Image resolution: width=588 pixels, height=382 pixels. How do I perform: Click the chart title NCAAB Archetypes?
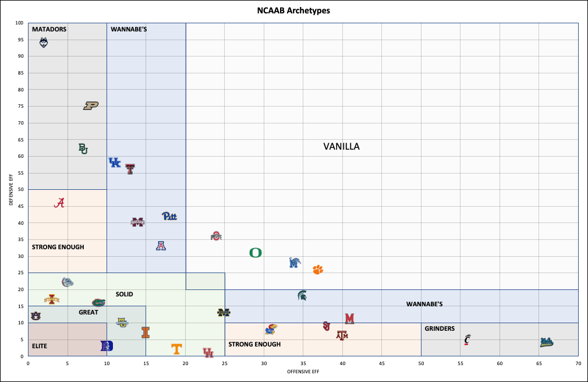(x=294, y=10)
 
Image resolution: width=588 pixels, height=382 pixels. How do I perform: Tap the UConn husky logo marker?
(x=44, y=43)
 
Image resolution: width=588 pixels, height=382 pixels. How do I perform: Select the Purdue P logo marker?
(x=91, y=105)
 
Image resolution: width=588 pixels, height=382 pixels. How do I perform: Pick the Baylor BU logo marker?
(x=83, y=148)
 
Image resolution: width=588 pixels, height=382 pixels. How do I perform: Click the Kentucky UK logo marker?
(x=115, y=162)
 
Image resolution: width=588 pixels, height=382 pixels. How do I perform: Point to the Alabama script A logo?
(x=59, y=203)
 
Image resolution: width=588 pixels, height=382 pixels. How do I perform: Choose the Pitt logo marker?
(x=169, y=216)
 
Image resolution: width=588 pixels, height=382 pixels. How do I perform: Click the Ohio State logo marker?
(x=217, y=236)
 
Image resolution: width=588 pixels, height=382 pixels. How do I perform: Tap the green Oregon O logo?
(x=255, y=253)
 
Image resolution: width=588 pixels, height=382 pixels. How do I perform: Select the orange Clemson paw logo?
(x=317, y=270)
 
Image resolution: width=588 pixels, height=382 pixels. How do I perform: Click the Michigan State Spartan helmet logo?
(x=303, y=295)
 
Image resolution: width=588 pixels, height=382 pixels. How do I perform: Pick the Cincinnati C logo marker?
(x=467, y=339)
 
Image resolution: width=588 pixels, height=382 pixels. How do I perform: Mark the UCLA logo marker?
(x=546, y=342)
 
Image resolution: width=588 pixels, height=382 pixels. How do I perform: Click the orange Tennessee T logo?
(x=176, y=349)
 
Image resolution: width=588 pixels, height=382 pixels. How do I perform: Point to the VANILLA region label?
(x=342, y=147)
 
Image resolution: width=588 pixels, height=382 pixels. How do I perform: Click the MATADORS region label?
(x=49, y=29)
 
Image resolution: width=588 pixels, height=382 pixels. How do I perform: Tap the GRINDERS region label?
(x=440, y=328)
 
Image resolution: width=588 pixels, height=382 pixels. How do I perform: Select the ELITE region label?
(x=40, y=346)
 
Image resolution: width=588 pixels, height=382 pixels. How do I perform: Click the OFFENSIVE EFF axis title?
(x=303, y=371)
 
